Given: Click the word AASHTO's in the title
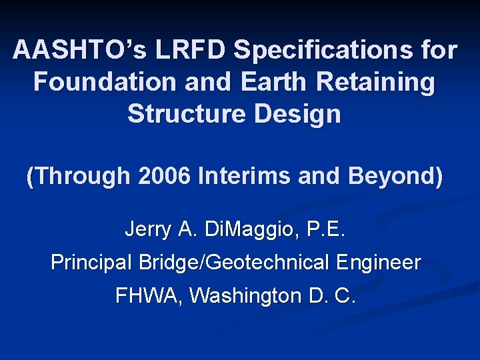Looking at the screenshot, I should pos(78,51).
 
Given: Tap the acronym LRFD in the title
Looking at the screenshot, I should pos(188,51).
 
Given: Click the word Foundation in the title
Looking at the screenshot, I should pos(97,82).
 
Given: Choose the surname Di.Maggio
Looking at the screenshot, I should pos(236,231).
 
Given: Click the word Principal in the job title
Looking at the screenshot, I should pos(92,263).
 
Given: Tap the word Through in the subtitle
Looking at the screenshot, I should pos(78,176).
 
